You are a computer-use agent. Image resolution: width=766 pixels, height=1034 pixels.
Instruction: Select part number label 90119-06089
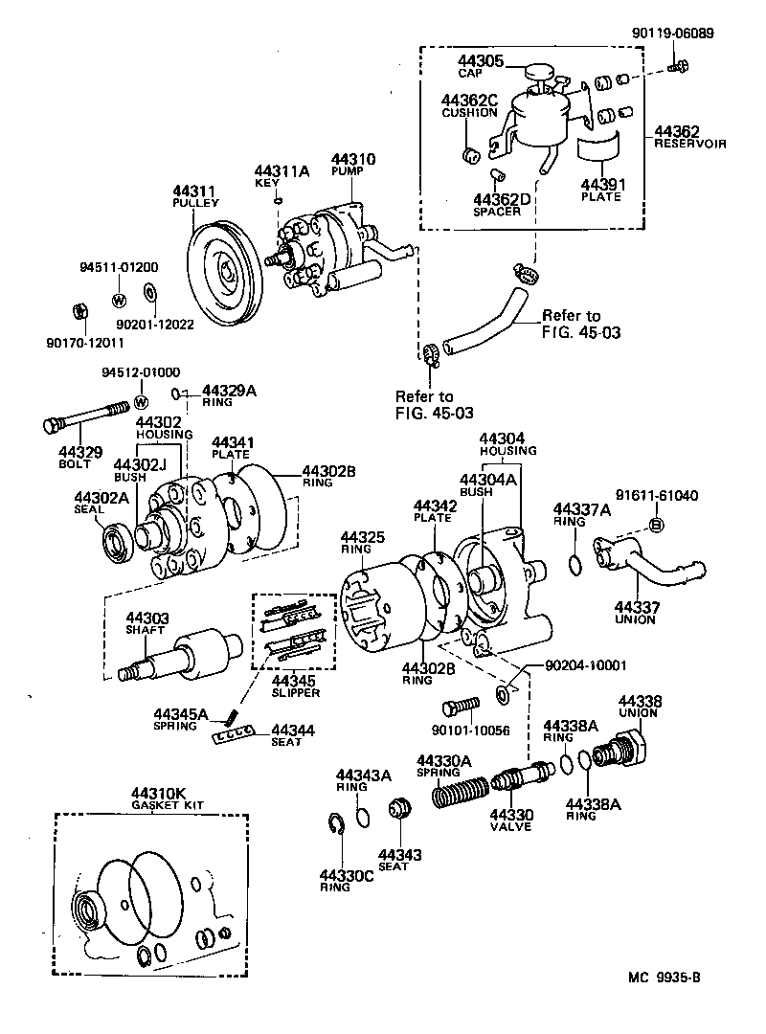click(672, 32)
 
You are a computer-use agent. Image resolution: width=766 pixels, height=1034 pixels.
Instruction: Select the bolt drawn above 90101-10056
click(460, 708)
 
